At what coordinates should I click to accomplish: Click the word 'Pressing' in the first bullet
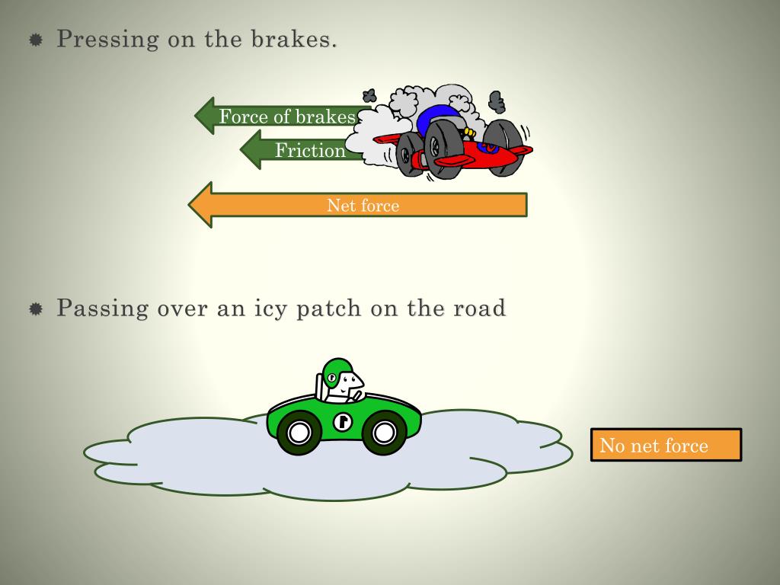coord(101,39)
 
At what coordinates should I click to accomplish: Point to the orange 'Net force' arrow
coord(363,205)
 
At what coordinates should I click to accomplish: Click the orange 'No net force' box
coord(665,445)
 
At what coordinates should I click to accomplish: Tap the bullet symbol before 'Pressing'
coord(35,40)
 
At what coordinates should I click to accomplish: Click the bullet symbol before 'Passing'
coord(35,309)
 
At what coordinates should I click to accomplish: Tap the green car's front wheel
coord(384,433)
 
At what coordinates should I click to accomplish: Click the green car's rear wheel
coord(299,433)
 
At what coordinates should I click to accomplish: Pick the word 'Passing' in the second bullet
coord(102,308)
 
